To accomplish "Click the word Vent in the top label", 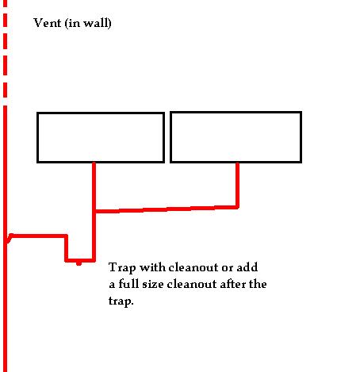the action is tap(48, 23).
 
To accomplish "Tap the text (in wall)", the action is tap(88, 23).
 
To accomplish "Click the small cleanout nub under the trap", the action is tap(79, 263).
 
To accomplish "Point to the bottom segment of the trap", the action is tap(80, 260).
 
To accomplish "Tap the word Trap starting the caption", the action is tap(122, 268).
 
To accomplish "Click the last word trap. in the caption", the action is tap(121, 301).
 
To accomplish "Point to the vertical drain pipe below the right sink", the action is tap(237, 185).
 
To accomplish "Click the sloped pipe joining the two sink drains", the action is tap(167, 209).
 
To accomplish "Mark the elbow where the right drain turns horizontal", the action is tap(237, 207).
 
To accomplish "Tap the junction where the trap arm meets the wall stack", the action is tap(8, 238).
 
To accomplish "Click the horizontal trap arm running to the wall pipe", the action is tap(38, 236).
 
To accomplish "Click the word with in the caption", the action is tap(152, 267).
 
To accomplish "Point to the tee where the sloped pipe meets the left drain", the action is tap(94, 211).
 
